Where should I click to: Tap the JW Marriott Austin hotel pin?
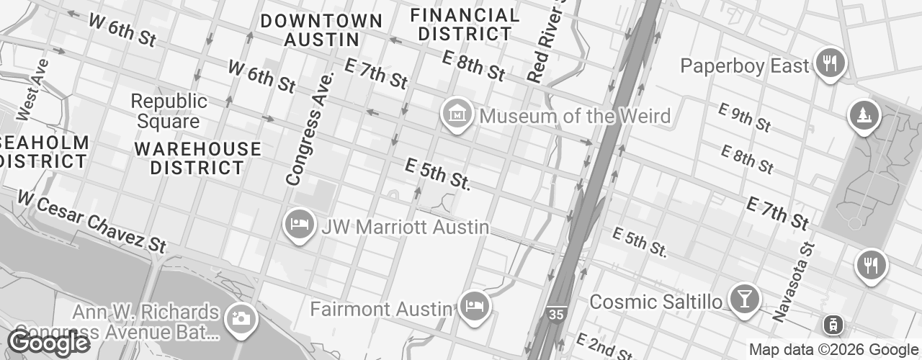(298, 224)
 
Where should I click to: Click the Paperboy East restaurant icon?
(831, 63)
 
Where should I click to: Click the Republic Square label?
(169, 112)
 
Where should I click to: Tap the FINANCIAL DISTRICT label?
(467, 24)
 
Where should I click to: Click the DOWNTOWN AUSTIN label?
(321, 30)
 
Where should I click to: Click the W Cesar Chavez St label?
(92, 221)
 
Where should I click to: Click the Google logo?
(48, 343)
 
